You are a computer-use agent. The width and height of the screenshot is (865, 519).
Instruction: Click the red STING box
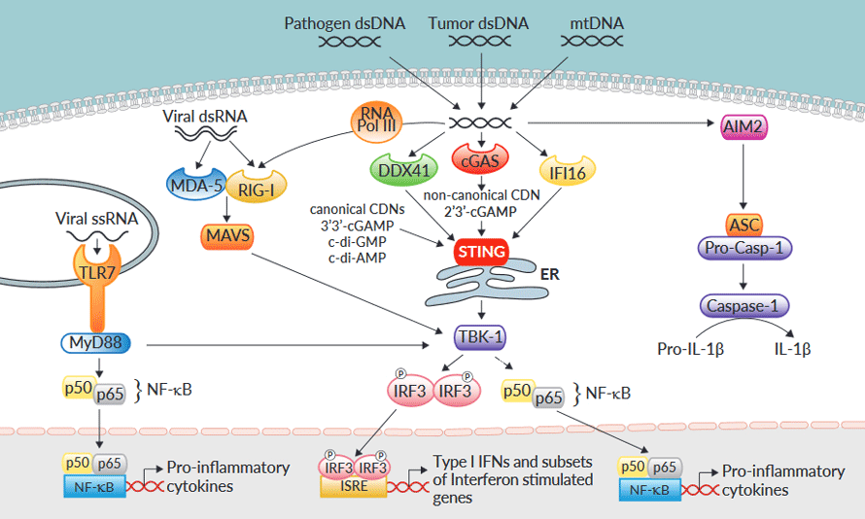tap(480, 253)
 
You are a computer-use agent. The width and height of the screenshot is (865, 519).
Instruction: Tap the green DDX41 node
tap(399, 170)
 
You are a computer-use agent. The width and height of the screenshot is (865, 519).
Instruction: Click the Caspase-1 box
tap(744, 306)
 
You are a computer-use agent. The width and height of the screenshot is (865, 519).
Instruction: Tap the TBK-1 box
tap(480, 338)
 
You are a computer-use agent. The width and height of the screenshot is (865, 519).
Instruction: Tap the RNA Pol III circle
tap(375, 124)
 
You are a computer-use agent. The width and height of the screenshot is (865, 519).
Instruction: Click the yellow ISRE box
tap(354, 486)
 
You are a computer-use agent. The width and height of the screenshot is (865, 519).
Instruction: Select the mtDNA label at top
tap(595, 21)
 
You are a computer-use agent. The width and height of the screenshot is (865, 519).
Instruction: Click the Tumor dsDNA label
tap(482, 21)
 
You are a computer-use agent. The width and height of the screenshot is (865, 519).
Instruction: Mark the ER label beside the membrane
tap(550, 276)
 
